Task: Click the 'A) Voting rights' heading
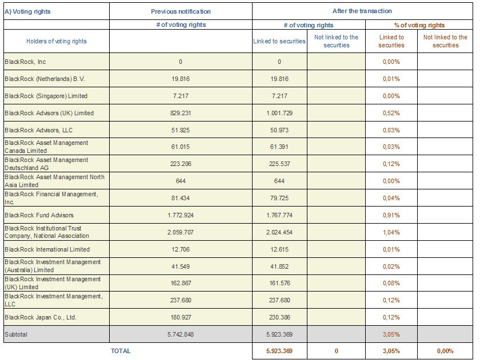[x=27, y=11]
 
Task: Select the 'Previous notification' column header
[x=181, y=11]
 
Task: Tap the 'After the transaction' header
[x=362, y=11]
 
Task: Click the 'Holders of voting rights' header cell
[x=57, y=41]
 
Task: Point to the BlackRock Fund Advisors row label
[x=39, y=215]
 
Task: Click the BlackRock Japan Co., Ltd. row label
[x=41, y=317]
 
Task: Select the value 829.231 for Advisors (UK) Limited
[x=181, y=113]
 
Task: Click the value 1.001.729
[x=279, y=113]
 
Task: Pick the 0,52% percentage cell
[x=391, y=113]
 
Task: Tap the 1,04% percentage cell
[x=391, y=232]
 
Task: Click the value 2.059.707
[x=181, y=232]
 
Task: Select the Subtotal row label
[x=16, y=334]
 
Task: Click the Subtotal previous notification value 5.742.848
[x=181, y=334]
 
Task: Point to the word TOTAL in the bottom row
[x=121, y=351]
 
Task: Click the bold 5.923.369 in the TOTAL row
[x=279, y=351]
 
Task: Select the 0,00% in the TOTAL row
[x=445, y=351]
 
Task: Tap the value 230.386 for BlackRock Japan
[x=279, y=317]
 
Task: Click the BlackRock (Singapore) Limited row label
[x=46, y=96]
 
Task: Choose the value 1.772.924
[x=181, y=215]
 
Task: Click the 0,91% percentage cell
[x=391, y=215]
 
